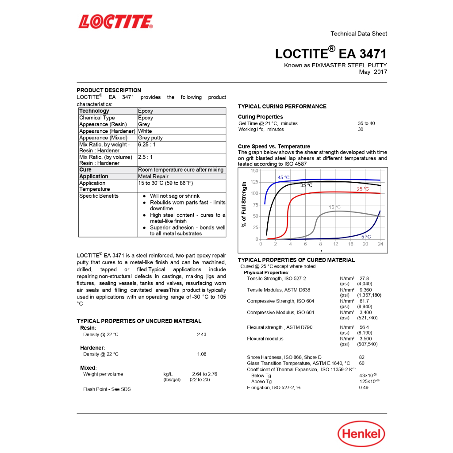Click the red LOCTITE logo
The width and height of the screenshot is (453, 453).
coord(115,21)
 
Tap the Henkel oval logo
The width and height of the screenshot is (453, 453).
coord(361,434)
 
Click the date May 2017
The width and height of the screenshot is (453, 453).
coord(373,72)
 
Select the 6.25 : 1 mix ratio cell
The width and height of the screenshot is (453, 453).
coord(147,145)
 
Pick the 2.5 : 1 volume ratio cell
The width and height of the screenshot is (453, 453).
coord(145,157)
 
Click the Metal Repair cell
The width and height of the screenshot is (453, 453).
coord(153,177)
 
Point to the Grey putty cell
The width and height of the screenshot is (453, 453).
coord(150,138)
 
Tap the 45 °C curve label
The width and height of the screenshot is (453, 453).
coord(284,177)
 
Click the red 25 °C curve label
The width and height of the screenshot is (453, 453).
coord(363,189)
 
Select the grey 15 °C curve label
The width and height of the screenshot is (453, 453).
coord(334,207)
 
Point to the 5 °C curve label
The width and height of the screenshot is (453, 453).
coord(366,237)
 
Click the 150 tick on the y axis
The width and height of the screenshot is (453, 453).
coord(254,171)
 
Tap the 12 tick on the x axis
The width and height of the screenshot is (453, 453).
coord(335,244)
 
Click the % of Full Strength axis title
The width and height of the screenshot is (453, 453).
coord(244,204)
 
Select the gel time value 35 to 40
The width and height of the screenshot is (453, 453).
coord(366,123)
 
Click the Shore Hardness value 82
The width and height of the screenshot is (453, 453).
coord(362,357)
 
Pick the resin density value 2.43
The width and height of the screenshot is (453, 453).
coord(201,334)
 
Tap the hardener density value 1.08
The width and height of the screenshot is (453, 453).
coord(201,354)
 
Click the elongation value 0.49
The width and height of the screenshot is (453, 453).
coord(364,388)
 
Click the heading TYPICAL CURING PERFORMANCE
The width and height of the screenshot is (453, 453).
coord(282,107)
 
